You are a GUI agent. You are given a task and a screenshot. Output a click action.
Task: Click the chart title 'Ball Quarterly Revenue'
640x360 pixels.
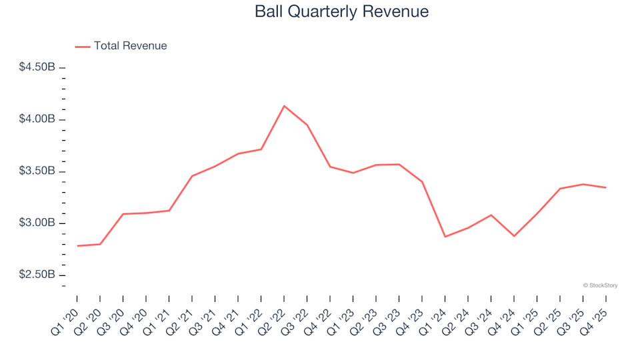click(x=341, y=12)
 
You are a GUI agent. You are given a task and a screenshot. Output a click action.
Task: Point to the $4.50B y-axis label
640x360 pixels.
click(x=37, y=67)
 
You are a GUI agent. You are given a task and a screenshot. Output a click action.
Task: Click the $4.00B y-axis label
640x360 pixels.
click(x=37, y=119)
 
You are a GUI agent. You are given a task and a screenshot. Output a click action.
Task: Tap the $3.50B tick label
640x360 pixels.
click(x=37, y=171)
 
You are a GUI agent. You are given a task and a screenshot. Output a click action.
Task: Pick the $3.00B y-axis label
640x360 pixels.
click(x=37, y=223)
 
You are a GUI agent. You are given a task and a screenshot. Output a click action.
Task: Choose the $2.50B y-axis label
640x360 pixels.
click(x=37, y=275)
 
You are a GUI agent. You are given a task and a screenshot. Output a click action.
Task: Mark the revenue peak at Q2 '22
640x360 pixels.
click(x=284, y=106)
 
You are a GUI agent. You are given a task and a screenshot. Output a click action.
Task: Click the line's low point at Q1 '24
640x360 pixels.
click(x=445, y=237)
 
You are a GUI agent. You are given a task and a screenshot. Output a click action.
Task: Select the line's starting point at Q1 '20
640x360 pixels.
click(x=77, y=246)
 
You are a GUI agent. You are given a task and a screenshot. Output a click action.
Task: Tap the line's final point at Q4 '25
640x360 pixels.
click(x=606, y=187)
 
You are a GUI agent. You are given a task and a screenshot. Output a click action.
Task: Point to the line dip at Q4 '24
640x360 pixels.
click(x=514, y=236)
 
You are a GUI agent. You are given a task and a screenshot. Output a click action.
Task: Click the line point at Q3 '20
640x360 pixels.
click(x=123, y=214)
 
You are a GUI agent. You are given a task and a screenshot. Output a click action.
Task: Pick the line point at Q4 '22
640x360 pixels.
click(x=330, y=167)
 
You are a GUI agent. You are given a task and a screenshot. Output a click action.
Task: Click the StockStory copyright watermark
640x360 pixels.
click(x=600, y=285)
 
